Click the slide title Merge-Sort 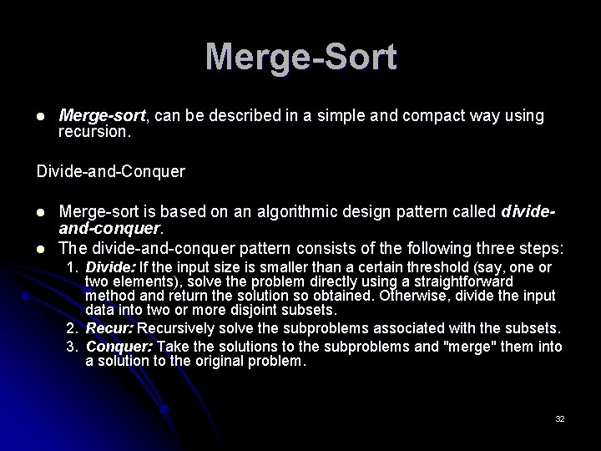(300, 58)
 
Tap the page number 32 (559, 418)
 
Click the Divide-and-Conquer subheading (110, 172)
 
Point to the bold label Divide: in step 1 (111, 267)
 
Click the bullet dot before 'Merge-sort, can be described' (40, 116)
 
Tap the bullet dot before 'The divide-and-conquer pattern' (40, 249)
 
